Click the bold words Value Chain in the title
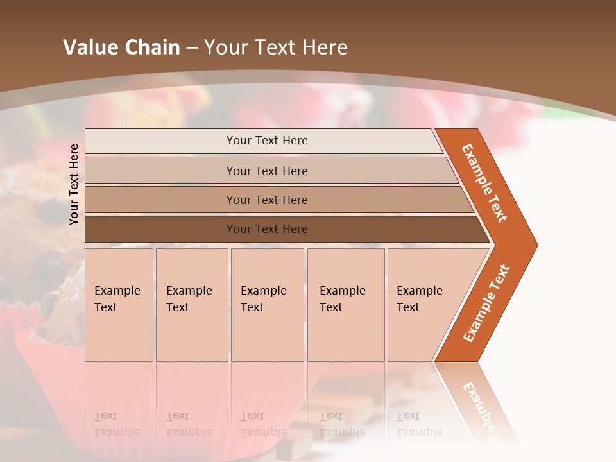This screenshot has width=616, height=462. pyautogui.click(x=121, y=47)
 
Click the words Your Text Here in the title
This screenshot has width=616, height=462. pyautogui.click(x=276, y=47)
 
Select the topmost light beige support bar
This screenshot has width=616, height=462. pyautogui.click(x=263, y=141)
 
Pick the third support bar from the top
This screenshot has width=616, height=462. pyautogui.click(x=276, y=200)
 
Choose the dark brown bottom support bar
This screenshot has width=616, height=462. pyautogui.click(x=282, y=229)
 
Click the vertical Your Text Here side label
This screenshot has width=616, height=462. pyautogui.click(x=74, y=184)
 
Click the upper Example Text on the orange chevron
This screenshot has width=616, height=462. pyautogui.click(x=484, y=183)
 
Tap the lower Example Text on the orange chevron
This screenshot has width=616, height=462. pyautogui.click(x=486, y=303)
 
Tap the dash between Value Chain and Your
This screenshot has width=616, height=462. pyautogui.click(x=192, y=48)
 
